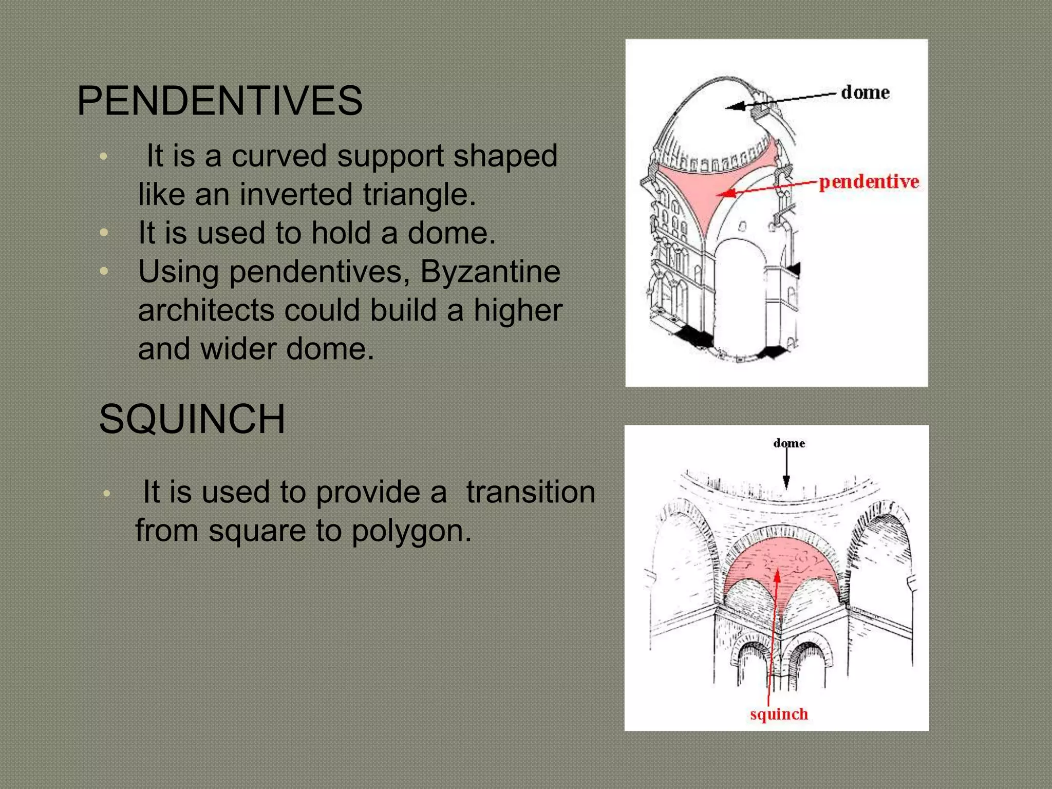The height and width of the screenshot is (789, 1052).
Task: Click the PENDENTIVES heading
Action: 220,101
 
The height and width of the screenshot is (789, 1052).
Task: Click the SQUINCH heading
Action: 192,419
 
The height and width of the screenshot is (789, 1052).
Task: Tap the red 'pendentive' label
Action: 869,182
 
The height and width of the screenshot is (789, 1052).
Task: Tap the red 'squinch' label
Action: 779,714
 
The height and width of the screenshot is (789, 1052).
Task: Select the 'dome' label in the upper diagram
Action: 865,93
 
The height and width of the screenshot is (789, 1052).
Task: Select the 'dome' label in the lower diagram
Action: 788,443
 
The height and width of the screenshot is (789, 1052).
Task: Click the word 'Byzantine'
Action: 490,271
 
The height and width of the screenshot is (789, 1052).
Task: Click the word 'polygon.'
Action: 411,531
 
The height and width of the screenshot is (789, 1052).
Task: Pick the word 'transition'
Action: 531,492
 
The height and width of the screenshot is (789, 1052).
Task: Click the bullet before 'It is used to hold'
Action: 104,233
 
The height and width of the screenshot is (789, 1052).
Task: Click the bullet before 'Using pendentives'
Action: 104,271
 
